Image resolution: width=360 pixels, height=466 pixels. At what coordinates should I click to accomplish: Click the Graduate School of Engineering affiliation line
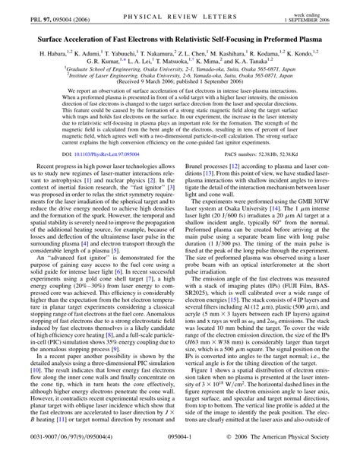pyautogui.click(x=179, y=68)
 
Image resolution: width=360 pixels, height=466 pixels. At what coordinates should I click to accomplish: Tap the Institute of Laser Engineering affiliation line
pyautogui.click(x=179, y=74)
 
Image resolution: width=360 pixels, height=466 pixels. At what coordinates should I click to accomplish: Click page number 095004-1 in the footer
pyautogui.click(x=180, y=457)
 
